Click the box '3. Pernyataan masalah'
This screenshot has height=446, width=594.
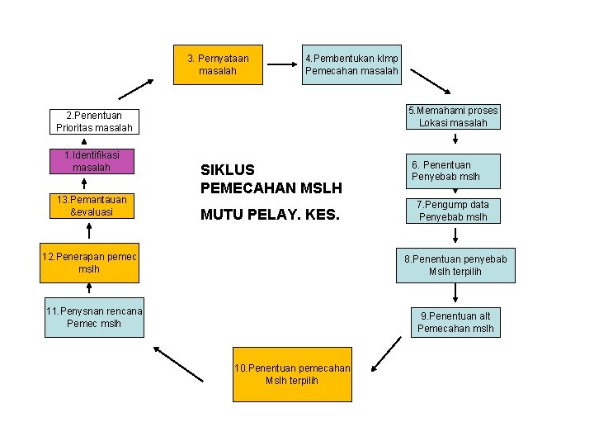218,64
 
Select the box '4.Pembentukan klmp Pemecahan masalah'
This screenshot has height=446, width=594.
351,64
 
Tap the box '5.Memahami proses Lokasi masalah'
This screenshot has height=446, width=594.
453,117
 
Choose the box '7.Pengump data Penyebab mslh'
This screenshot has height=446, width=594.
453,211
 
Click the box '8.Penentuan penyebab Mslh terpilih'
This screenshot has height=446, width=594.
455,265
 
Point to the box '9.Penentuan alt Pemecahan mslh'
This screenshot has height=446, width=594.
455,322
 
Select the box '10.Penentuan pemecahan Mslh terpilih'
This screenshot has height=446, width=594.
292,374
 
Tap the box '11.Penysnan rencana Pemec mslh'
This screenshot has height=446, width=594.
94,317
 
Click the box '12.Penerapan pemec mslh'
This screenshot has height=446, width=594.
90,263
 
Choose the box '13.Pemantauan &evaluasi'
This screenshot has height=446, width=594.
92,206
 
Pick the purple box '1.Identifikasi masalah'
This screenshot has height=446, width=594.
92,161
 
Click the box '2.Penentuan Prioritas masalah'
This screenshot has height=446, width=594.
94,121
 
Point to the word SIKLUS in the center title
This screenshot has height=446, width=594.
227,169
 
